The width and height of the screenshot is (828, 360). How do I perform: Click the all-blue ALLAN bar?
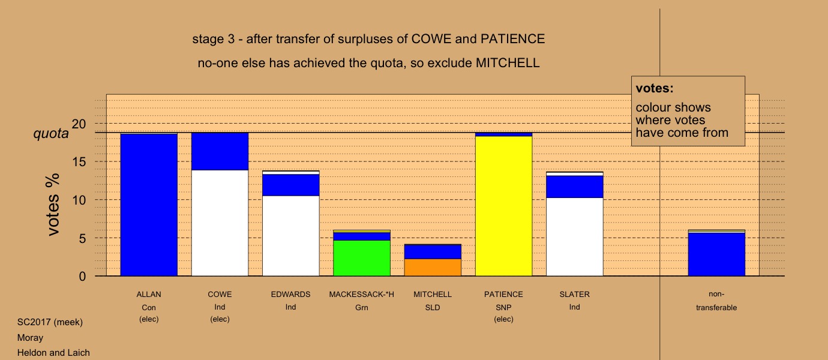(149, 205)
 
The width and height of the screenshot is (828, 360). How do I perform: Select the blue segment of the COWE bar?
(220, 151)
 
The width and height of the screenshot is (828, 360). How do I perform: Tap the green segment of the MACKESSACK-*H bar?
(362, 258)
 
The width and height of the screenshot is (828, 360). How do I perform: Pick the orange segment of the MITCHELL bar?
(433, 267)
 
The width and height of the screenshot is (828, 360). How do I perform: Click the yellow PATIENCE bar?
(504, 206)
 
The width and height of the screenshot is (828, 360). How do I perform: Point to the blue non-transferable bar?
(716, 254)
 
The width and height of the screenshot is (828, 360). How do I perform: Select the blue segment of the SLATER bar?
(575, 187)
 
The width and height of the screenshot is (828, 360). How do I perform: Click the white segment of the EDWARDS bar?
(291, 236)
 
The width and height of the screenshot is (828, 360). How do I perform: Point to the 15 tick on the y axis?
(79, 162)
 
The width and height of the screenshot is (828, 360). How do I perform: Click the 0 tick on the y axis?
(82, 277)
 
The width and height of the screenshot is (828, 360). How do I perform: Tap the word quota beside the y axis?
(51, 133)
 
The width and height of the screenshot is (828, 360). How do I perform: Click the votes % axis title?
(53, 205)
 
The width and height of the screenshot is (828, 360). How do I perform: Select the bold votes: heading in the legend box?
(655, 88)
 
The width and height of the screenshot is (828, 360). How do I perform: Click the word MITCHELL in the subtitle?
(508, 63)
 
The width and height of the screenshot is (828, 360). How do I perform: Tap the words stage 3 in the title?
(213, 39)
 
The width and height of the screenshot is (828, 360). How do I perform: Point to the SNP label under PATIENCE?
(503, 308)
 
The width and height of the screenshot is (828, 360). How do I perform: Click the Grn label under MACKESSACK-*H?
(362, 308)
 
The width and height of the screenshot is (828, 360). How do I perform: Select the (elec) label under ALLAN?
(149, 319)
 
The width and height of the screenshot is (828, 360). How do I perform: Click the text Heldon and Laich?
(53, 353)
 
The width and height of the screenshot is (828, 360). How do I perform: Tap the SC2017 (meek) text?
(50, 322)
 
